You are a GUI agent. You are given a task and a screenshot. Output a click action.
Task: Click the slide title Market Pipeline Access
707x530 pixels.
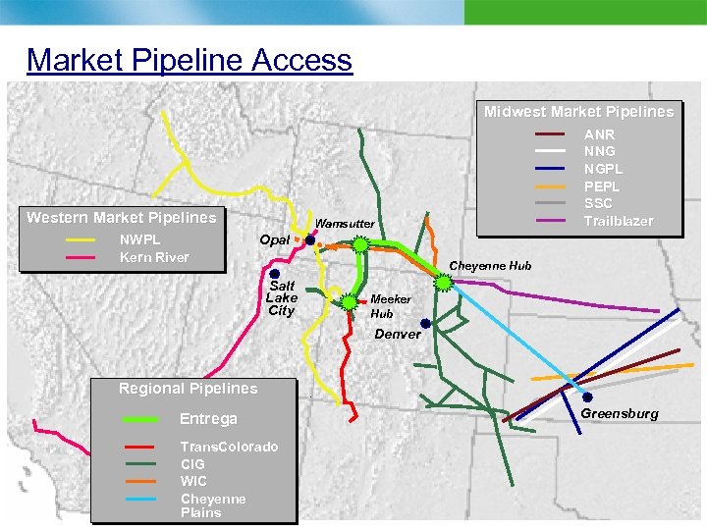[189, 60]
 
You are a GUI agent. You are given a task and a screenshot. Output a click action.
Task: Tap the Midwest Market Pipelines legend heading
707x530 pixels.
[578, 112]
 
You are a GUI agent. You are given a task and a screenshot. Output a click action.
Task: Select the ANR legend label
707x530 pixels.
[599, 134]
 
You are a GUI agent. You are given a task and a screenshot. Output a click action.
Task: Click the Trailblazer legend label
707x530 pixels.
[618, 221]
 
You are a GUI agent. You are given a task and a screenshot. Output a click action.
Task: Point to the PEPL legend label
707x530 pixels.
[602, 186]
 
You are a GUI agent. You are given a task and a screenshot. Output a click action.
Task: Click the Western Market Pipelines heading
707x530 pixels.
[121, 217]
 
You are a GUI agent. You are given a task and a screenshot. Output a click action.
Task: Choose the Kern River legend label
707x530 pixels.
[154, 257]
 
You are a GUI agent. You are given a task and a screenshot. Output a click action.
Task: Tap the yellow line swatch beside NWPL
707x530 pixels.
[81, 239]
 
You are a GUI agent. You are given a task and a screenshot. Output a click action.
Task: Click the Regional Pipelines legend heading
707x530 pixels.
[188, 389]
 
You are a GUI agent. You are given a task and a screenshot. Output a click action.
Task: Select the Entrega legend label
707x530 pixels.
[208, 419]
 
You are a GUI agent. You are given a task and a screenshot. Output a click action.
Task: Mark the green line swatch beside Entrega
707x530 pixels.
[142, 419]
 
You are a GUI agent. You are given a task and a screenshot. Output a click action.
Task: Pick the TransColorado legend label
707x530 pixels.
[229, 447]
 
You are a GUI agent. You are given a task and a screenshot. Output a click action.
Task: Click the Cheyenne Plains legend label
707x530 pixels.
[213, 505]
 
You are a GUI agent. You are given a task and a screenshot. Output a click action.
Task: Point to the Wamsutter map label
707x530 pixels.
[344, 224]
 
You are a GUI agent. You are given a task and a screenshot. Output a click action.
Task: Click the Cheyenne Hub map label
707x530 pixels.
[490, 265]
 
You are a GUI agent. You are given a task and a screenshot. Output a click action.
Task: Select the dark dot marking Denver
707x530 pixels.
[425, 323]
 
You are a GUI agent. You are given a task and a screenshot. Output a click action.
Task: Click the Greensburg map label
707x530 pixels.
[620, 413]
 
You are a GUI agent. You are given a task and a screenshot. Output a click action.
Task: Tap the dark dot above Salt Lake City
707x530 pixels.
[275, 274]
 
